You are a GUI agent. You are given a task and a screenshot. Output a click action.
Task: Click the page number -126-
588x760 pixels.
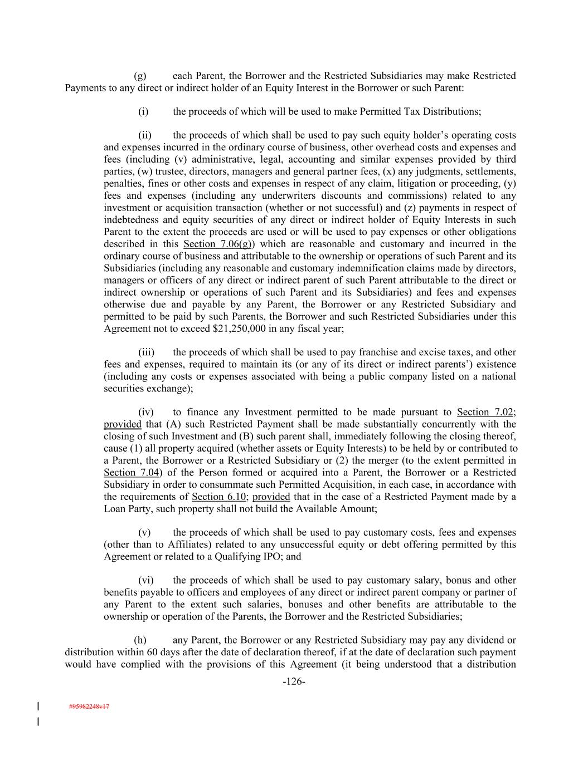point(294,681)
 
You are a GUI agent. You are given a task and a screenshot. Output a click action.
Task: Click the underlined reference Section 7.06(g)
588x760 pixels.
point(219,244)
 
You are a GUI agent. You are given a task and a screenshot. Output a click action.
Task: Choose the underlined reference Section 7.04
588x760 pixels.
point(132,473)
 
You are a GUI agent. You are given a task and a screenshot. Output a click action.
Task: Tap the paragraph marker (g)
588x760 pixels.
point(140,76)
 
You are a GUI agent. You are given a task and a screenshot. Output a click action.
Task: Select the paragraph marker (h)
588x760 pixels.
point(140,640)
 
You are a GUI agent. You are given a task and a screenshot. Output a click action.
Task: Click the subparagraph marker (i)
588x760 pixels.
point(143,111)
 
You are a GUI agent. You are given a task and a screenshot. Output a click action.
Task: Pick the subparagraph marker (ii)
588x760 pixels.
point(145,135)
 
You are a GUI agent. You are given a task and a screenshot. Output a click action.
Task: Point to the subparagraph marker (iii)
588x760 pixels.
point(146,352)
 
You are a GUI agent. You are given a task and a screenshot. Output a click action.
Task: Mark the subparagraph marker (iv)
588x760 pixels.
point(145,412)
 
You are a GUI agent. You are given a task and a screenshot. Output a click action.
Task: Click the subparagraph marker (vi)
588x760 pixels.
point(145,580)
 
